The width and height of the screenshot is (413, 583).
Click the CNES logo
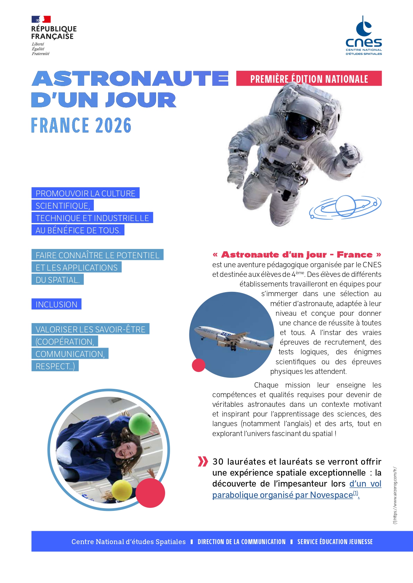[364, 36]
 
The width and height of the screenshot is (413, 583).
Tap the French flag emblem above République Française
[41, 19]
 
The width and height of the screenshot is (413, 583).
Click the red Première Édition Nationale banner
[309, 79]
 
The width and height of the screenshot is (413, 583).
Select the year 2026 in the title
[113, 125]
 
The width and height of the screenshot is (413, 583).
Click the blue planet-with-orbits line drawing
[345, 207]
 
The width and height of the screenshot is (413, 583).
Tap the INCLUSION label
[56, 304]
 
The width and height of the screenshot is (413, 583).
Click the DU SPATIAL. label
[58, 280]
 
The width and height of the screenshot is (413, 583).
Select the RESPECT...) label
[55, 366]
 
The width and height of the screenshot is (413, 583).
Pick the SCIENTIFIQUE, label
[63, 206]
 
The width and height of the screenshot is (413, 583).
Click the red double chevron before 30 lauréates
[203, 461]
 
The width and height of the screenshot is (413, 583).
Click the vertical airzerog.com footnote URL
[395, 496]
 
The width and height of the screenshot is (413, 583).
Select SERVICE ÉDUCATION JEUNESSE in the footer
[335, 542]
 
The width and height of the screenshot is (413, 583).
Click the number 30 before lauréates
[218, 462]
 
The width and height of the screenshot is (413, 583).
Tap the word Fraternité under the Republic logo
[41, 54]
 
